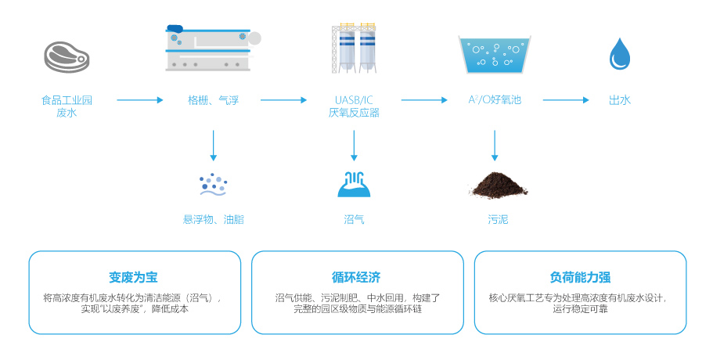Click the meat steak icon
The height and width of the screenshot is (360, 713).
67,56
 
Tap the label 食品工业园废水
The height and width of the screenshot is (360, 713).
67,106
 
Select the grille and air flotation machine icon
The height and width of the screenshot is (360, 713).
212,48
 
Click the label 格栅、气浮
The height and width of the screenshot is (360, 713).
213,100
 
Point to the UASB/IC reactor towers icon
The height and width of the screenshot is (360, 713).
354,48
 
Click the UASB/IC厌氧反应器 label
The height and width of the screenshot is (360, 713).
354,106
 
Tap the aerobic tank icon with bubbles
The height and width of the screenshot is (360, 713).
495,53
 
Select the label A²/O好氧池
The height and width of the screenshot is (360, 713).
495,100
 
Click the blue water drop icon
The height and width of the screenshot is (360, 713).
620,54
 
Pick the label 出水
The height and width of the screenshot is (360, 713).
620,100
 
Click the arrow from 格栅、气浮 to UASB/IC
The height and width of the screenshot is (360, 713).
283,100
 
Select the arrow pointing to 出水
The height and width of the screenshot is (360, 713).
565,100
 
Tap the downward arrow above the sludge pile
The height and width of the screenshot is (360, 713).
495,146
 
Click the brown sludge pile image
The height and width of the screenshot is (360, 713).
499,185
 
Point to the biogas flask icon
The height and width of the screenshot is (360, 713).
354,185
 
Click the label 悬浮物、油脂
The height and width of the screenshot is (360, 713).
214,220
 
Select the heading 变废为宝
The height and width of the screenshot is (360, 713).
134,277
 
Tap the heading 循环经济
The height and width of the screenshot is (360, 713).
357,277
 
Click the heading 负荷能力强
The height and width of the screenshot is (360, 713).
580,277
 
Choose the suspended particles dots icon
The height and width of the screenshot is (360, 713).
213,185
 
